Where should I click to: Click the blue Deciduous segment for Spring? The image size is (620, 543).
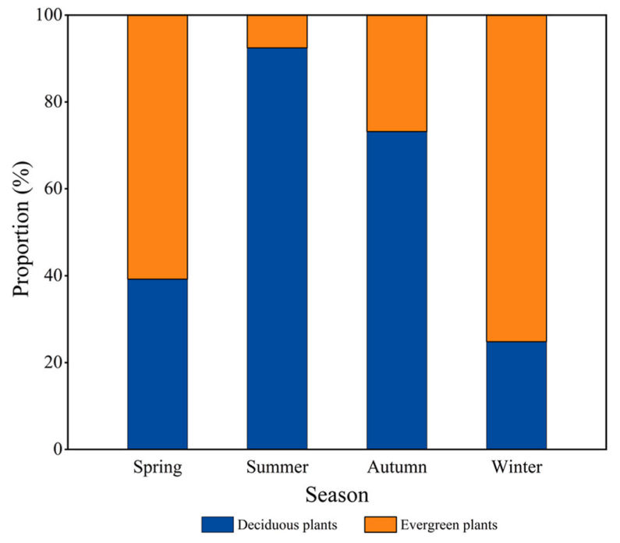pos(158,364)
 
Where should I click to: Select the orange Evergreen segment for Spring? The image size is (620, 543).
pos(158,147)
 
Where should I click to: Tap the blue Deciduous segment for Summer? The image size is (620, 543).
pos(277,248)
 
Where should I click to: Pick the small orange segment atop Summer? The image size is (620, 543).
pos(277,31)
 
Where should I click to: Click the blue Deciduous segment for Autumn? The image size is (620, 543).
pos(397,290)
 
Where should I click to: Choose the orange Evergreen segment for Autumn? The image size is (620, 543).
pos(397,73)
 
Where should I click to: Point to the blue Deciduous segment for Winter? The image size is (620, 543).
pos(516,395)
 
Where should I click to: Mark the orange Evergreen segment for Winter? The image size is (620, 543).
pos(516,178)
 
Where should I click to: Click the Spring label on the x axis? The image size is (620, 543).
pos(158,468)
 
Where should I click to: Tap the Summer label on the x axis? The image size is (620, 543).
pos(277,468)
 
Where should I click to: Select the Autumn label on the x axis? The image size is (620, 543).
pos(397,468)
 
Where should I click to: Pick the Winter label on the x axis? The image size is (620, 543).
pos(516,468)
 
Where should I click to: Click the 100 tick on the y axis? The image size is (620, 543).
pos(48,16)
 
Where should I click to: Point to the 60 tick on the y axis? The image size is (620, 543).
pos(52,189)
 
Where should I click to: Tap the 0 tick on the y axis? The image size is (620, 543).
pos(56,449)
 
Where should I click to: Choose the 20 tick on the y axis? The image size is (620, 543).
pos(52,363)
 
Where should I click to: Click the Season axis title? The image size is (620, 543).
pos(337,495)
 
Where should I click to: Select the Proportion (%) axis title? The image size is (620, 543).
pos(22,232)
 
